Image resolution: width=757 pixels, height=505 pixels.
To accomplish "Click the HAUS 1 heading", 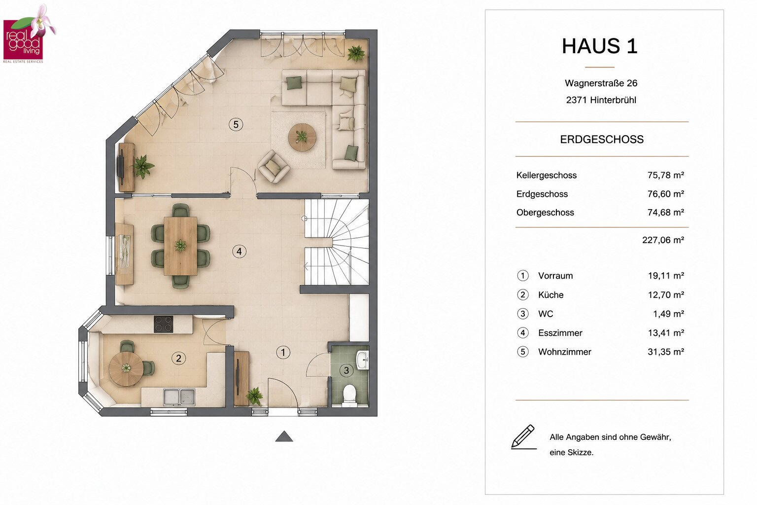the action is (600, 46).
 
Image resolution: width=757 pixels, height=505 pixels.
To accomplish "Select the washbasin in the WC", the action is (362, 361).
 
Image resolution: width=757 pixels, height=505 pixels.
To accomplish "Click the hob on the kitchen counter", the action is (164, 324).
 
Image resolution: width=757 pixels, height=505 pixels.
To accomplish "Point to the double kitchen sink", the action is (179, 397).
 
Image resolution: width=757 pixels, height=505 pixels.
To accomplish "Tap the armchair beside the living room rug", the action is (274, 167).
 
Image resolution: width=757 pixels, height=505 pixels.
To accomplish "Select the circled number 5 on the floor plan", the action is (236, 124).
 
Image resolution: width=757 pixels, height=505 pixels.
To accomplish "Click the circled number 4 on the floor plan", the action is (239, 252).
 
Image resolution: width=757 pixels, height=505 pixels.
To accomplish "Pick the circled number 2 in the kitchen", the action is (178, 358).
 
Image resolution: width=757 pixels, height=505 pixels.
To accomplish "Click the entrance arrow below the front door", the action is (284, 436).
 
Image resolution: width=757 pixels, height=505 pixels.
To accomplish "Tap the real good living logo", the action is (29, 34).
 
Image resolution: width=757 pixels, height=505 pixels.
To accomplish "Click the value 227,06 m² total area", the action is (663, 240).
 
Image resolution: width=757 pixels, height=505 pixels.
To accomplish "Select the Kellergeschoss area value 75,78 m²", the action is (666, 175).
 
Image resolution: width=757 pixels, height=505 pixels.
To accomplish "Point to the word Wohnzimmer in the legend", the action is (565, 352).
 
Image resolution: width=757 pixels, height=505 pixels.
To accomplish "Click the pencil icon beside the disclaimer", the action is (523, 436).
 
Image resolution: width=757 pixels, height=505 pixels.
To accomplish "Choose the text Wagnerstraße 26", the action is (601, 83).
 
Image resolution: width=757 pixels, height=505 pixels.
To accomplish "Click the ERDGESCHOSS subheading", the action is (602, 140).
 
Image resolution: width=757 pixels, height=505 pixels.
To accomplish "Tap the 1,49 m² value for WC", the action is (668, 314).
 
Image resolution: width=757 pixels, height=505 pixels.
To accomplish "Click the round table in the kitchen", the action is (126, 369).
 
